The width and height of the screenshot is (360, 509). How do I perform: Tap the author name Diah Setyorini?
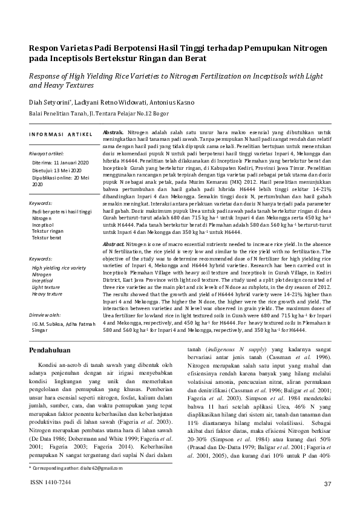[x=53, y=103]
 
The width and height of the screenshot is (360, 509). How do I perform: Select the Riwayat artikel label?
[x=48, y=154]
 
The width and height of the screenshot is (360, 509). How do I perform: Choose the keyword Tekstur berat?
[x=46, y=238]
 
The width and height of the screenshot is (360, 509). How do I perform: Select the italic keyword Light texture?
[x=46, y=287]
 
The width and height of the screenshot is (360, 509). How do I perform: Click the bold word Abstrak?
[x=113, y=132]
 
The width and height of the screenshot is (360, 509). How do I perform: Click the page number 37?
[x=328, y=484]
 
